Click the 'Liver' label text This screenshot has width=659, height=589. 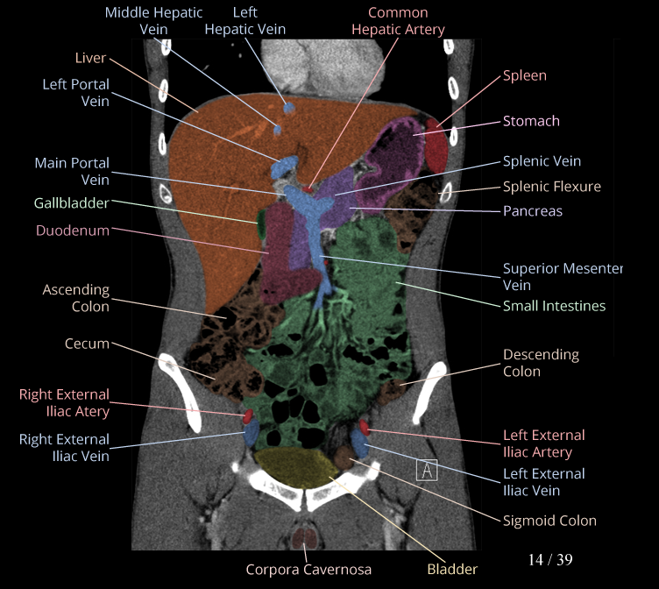coord(90,58)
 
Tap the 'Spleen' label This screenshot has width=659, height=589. coord(524,75)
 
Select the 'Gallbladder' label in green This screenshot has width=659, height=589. coord(71,203)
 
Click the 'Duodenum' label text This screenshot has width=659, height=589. coord(73,231)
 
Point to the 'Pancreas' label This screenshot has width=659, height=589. coord(532,211)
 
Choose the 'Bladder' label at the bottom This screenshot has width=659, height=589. coord(452,569)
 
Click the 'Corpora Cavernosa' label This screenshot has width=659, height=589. coord(308,569)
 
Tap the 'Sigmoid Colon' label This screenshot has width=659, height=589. coord(549,521)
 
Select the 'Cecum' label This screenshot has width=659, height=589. coord(87,344)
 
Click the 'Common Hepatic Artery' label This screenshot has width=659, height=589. coord(398,21)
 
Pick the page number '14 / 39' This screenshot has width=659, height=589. coord(550,559)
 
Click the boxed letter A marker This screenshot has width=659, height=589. coord(427,470)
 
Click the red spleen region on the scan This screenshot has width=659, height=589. coord(436,147)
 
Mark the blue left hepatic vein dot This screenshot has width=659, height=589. coord(288,108)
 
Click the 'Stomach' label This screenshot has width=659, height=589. coord(531,121)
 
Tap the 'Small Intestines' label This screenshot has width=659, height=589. coord(554,306)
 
